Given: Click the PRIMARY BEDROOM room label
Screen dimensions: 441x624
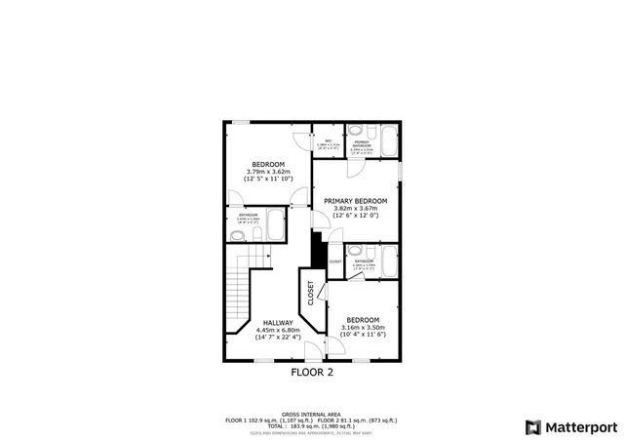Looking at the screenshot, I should tap(355, 201).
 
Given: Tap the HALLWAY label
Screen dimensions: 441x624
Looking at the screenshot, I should tap(278, 322).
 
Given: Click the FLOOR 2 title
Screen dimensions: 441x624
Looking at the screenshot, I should tap(312, 372).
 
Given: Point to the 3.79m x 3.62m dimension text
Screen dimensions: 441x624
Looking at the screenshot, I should tap(267, 172).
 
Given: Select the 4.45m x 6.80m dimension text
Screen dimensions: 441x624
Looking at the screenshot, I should tap(278, 330).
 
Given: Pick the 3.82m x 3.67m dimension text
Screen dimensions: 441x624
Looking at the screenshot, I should tap(355, 209).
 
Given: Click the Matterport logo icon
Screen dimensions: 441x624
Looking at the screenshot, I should tap(531, 426).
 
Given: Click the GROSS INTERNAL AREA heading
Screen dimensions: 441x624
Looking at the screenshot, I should tap(312, 414).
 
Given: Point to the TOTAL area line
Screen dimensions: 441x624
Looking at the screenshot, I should tap(312, 425).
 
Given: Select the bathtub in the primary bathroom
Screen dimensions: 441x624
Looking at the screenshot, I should tap(387, 143).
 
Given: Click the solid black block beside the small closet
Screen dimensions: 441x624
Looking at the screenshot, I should tap(318, 251).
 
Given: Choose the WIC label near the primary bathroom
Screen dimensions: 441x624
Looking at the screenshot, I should tap(329, 141).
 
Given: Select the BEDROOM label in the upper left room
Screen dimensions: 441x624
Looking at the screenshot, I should tap(267, 164).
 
